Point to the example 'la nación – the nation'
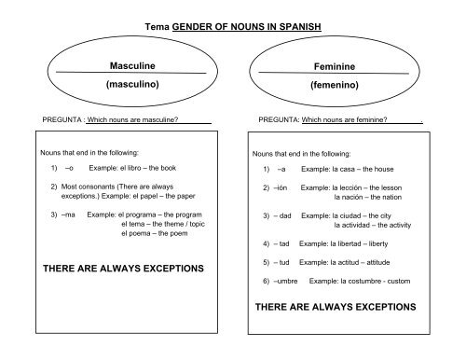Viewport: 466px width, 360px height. coord(366,198)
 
